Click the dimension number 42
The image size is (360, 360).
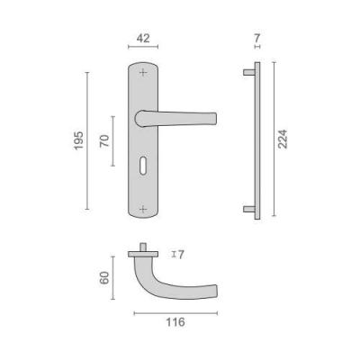click(x=143, y=39)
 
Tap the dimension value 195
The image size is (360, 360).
click(x=78, y=140)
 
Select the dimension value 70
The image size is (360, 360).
click(x=104, y=141)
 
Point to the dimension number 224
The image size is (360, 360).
click(x=283, y=139)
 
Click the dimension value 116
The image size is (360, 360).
click(x=175, y=322)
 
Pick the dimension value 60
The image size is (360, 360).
click(x=104, y=278)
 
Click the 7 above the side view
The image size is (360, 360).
click(x=257, y=39)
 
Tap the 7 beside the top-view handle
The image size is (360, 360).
click(x=180, y=255)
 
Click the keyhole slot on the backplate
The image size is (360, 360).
click(x=143, y=164)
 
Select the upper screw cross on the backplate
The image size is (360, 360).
click(x=143, y=72)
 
